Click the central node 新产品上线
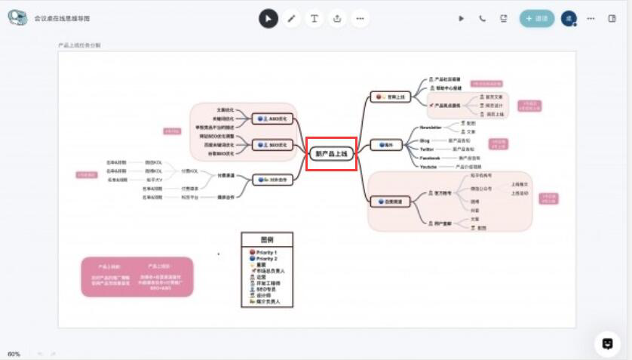coord(331,153)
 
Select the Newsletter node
coord(431,128)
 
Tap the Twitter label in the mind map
coord(427,149)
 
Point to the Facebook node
coord(430,158)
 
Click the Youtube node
coord(428,166)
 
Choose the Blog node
coord(425,140)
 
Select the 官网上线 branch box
coord(389,97)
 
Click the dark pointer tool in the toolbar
coord(268,19)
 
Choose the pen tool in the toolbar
coord(292,19)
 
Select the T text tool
coord(314,19)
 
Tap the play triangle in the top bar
coord(462,19)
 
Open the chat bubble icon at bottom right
coord(606,343)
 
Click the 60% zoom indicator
coord(14,354)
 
